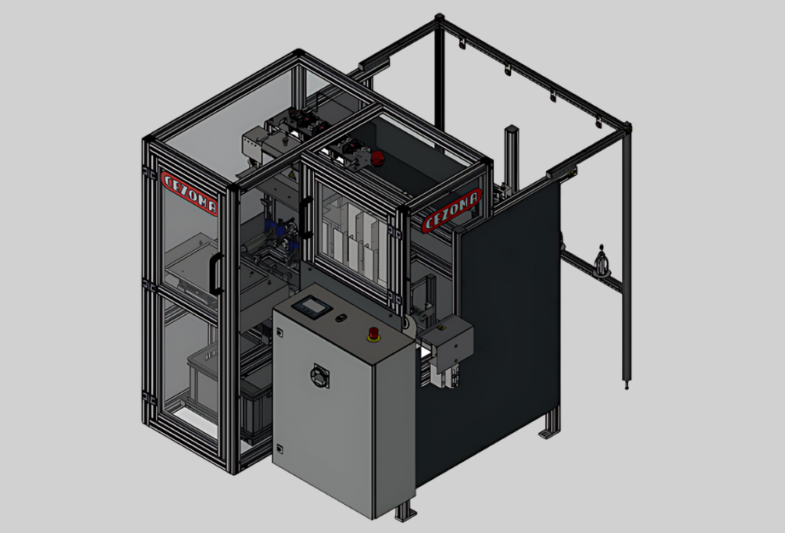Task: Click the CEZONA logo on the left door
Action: pyautogui.click(x=189, y=193)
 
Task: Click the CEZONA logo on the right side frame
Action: pyautogui.click(x=451, y=210)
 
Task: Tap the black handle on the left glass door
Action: pyautogui.click(x=216, y=273)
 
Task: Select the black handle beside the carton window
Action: pyautogui.click(x=305, y=218)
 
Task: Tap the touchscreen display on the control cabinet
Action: pyautogui.click(x=312, y=306)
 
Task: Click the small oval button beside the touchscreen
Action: pyautogui.click(x=341, y=318)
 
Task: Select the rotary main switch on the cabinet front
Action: pyautogui.click(x=320, y=376)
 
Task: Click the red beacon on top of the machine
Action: pyautogui.click(x=377, y=158)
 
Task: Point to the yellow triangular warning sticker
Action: pyautogui.click(x=290, y=175)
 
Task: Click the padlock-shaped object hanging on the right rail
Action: pyautogui.click(x=602, y=261)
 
